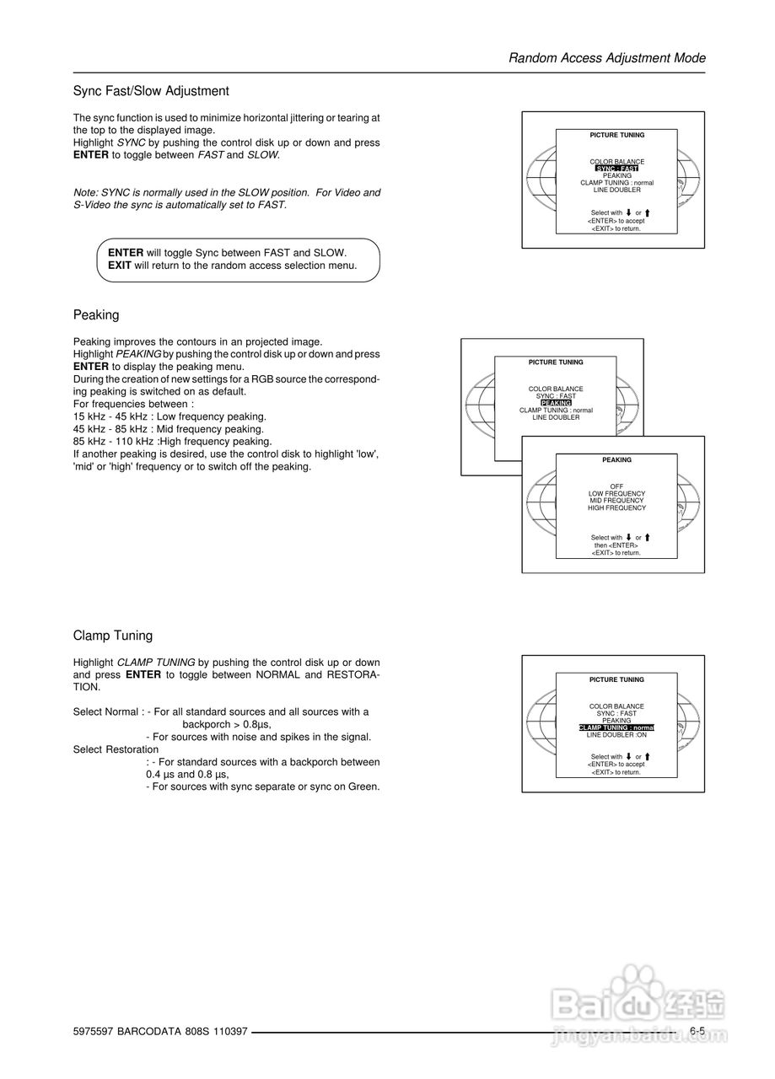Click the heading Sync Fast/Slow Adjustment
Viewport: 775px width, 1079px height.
151,91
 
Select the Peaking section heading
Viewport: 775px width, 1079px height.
96,315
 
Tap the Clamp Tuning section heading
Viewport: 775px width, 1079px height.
113,636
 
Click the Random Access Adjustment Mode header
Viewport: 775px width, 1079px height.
607,58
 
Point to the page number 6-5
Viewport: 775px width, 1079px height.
697,1031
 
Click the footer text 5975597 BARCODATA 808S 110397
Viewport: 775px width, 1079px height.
160,1032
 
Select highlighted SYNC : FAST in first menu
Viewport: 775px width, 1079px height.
616,169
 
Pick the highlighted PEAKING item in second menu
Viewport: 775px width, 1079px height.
556,403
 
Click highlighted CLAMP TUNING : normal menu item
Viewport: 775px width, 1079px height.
616,727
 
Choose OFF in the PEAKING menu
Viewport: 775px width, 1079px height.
616,486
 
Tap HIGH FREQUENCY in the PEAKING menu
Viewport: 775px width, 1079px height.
616,508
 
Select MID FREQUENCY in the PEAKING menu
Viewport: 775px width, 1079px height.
616,501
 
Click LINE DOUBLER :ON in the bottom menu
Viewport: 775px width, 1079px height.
616,735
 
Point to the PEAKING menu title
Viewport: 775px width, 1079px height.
616,460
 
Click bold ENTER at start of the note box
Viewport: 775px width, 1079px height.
126,253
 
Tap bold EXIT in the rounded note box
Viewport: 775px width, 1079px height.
120,266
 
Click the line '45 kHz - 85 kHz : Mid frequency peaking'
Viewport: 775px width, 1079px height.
170,429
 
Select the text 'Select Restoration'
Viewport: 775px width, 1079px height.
116,749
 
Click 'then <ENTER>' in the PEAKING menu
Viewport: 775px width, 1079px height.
616,545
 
